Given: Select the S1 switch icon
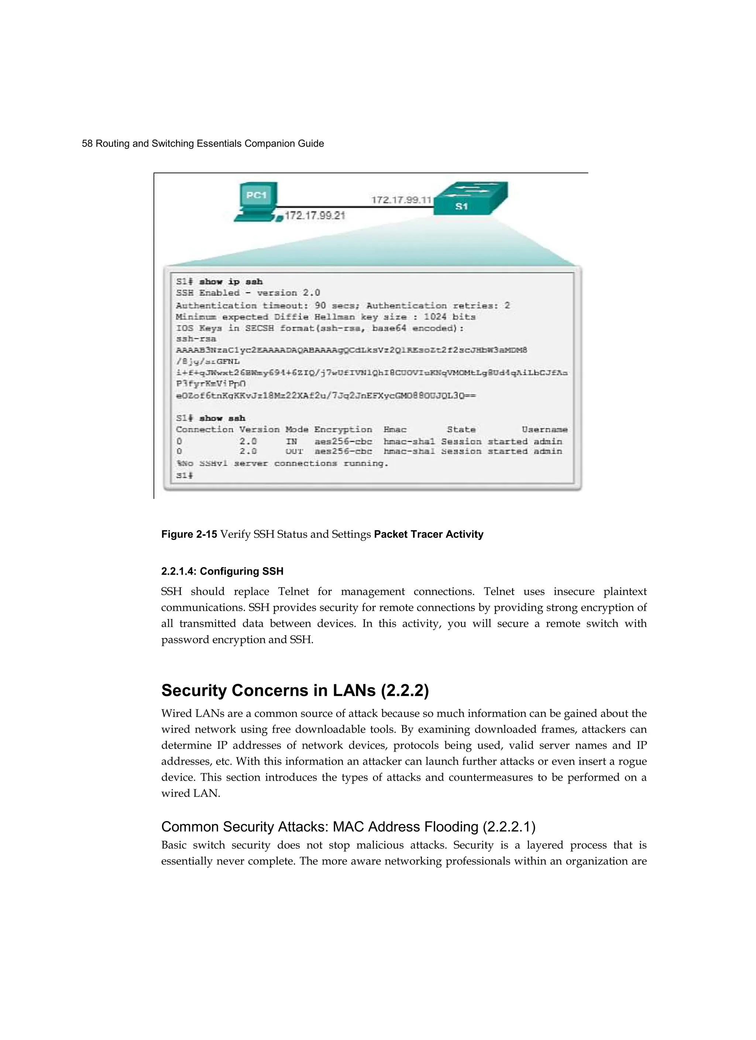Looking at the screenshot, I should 470,199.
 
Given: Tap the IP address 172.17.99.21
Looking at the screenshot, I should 315,216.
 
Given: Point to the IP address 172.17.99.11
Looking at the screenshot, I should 401,200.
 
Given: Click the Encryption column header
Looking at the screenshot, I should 343,430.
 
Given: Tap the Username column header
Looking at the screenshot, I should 544,430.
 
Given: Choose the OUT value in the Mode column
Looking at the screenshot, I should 294,452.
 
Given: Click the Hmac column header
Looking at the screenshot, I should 395,430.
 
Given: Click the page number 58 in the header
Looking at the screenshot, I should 87,144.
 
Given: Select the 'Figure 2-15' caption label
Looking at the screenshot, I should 189,534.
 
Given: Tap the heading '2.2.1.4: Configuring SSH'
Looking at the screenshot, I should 222,571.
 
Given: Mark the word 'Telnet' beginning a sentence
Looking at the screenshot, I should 501,592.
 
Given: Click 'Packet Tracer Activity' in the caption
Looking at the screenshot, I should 429,534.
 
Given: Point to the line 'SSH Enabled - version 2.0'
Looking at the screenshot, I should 248,293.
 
